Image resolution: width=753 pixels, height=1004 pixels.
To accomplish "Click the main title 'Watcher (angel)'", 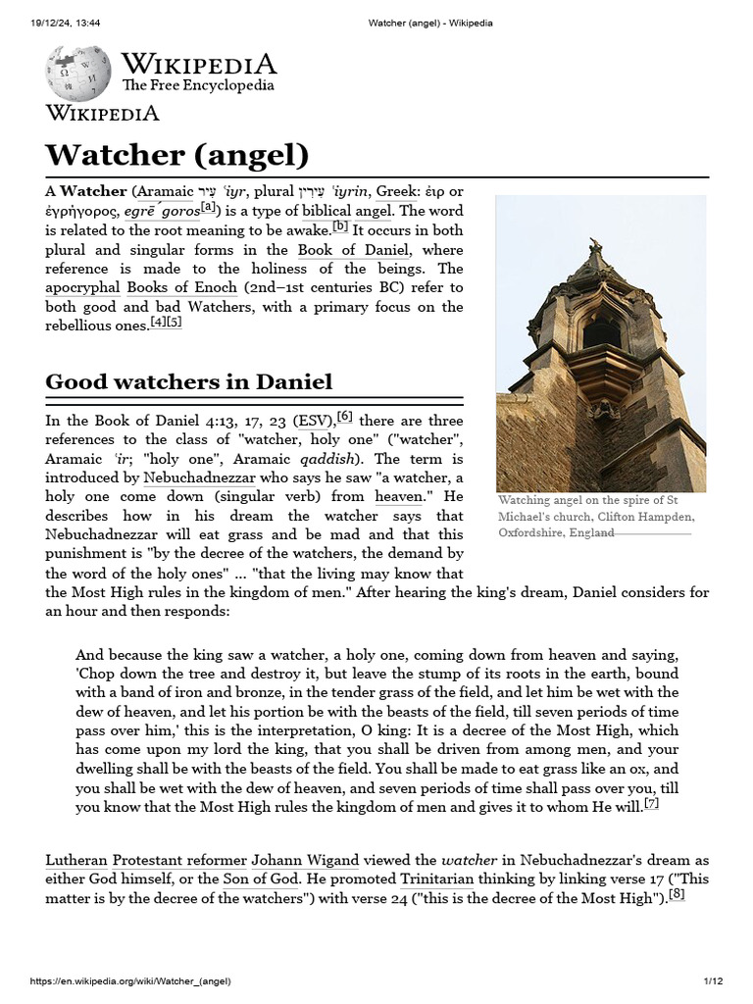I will tap(176, 154).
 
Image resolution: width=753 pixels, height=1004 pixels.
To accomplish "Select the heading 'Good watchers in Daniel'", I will tap(189, 381).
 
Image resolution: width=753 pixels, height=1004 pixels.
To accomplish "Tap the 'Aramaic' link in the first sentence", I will tap(164, 191).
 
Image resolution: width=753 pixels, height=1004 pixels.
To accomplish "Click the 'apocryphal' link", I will tap(83, 287).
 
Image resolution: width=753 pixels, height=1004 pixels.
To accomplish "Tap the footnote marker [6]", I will tap(345, 417).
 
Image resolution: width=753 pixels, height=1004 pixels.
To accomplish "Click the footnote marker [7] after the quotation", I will tap(651, 804).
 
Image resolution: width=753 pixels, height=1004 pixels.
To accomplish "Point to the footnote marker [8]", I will tap(676, 893).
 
